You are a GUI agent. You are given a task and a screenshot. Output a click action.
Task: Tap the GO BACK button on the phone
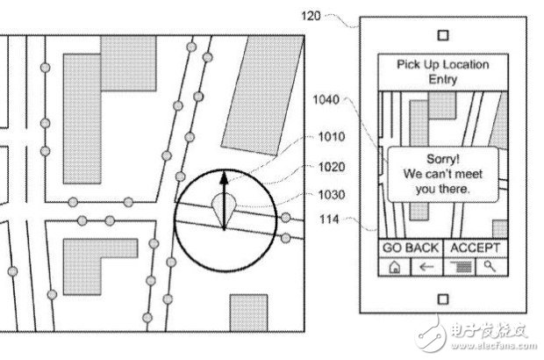coord(411,248)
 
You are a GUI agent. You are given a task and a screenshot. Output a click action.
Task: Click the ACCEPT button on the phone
coord(476,248)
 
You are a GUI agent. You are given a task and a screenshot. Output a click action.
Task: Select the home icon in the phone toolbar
coord(395,267)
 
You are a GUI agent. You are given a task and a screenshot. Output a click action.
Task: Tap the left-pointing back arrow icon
coord(426,267)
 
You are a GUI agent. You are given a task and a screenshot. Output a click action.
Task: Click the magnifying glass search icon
coord(490,266)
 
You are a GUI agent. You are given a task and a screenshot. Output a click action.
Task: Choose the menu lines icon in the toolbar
coord(461,267)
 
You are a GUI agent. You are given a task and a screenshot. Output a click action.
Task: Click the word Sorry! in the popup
coord(443,159)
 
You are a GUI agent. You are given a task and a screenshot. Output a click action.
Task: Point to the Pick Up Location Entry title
coord(443,71)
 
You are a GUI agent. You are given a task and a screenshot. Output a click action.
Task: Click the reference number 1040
coord(326,99)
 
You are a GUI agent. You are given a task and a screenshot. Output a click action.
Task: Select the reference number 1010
coord(332,137)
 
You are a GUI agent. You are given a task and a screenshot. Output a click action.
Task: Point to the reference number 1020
coord(332,167)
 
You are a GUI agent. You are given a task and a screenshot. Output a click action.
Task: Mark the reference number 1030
coord(332,195)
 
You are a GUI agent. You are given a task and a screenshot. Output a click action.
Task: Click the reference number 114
coord(329,219)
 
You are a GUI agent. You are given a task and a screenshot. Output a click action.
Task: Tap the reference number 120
coord(311,16)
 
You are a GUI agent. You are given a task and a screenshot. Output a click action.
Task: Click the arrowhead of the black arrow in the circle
coord(224,177)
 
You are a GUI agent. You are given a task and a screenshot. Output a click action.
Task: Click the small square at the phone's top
coord(443,35)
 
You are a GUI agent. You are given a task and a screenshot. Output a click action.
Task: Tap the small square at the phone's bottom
coord(443,299)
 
